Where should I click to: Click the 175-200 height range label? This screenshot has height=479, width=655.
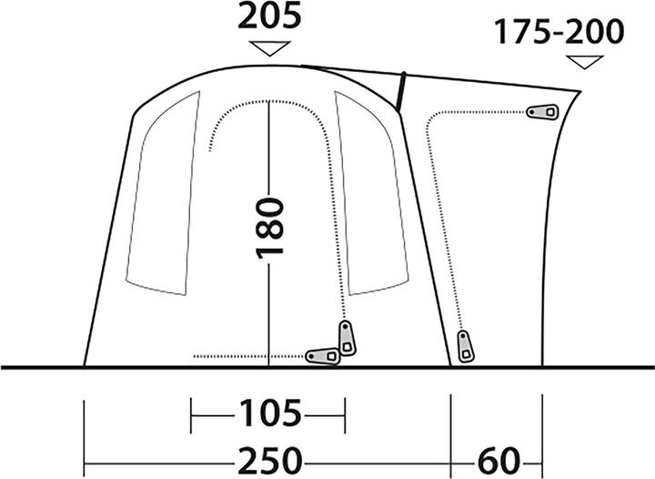[x=560, y=33]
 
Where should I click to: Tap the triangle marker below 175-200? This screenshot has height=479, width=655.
[x=585, y=63]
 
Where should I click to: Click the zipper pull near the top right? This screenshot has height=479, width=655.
[x=544, y=112]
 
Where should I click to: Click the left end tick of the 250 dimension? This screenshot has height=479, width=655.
[x=84, y=437]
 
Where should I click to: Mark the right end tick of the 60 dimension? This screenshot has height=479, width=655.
[x=542, y=437]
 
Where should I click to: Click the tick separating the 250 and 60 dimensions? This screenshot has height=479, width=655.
[x=452, y=437]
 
